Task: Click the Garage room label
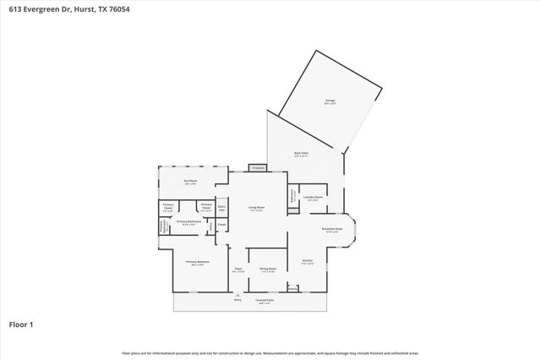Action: click(330, 101)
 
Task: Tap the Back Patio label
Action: click(300, 153)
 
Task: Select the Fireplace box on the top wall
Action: click(258, 168)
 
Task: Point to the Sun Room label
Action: click(191, 181)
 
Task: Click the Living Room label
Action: click(256, 207)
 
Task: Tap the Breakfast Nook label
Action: click(331, 229)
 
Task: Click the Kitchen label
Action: click(308, 260)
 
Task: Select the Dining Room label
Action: click(269, 270)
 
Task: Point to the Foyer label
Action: click(238, 270)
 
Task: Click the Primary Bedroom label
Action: click(197, 262)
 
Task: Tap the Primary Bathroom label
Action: click(186, 221)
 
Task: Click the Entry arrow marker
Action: click(238, 296)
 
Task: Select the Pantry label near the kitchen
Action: click(293, 287)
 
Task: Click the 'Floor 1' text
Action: click(20, 324)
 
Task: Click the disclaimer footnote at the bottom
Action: click(270, 352)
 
